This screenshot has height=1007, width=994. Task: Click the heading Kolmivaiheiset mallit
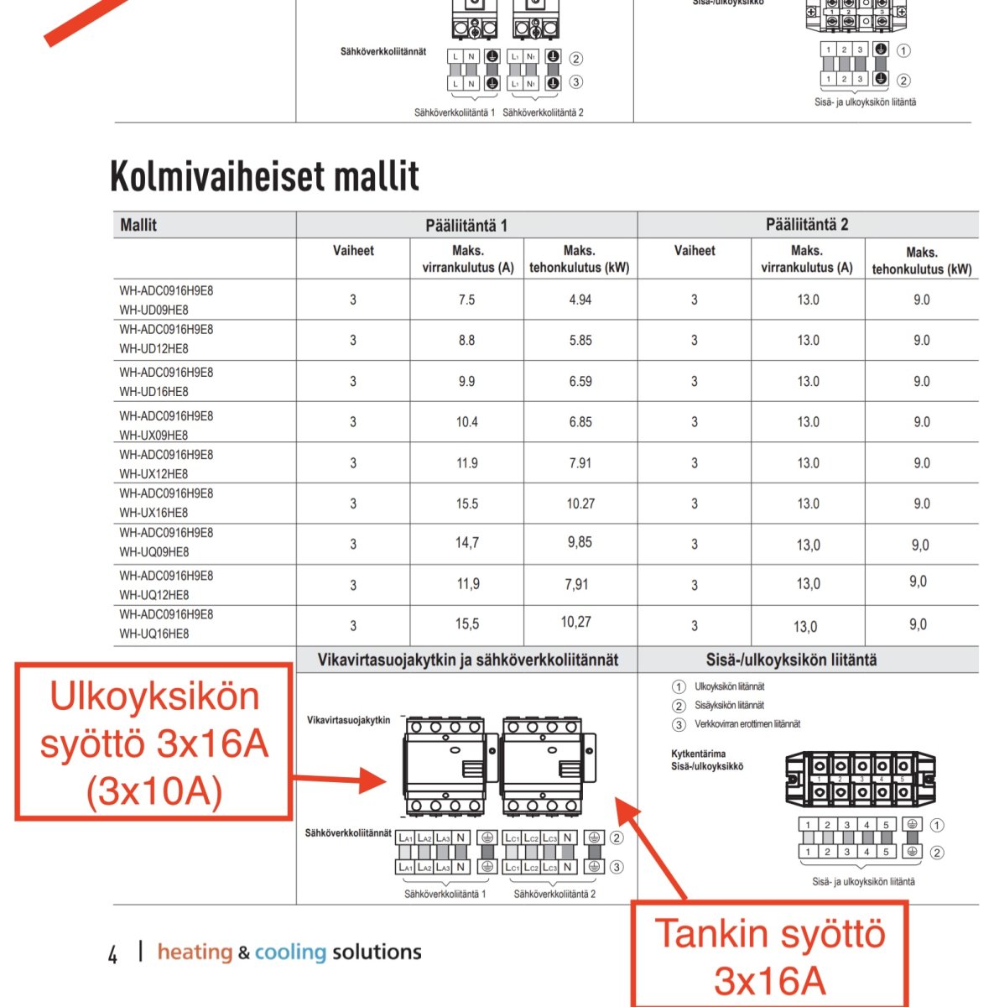tap(264, 175)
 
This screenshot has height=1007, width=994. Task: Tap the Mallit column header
tap(138, 225)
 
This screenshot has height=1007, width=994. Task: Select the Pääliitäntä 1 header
tap(466, 225)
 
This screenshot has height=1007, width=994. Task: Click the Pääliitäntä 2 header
tap(807, 224)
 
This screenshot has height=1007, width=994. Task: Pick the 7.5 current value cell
tap(466, 300)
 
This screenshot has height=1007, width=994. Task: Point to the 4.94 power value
tap(580, 300)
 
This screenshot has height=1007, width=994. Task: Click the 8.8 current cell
tap(466, 341)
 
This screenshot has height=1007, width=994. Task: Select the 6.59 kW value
tap(580, 381)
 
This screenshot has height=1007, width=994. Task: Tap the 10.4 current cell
tap(466, 422)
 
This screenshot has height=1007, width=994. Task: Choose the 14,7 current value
tap(467, 543)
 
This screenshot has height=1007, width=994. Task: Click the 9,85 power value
tap(580, 542)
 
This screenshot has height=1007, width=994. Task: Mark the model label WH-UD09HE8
tap(154, 310)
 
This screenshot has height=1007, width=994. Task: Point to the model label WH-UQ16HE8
tap(154, 634)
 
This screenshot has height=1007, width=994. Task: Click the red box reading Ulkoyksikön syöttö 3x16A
tap(154, 743)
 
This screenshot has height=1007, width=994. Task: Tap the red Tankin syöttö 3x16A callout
tap(769, 955)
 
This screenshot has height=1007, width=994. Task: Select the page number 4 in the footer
tap(113, 954)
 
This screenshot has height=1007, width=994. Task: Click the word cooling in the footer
tap(290, 952)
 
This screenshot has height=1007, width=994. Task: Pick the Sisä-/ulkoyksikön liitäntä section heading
tap(791, 660)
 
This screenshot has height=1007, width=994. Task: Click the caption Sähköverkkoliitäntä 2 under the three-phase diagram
tap(554, 895)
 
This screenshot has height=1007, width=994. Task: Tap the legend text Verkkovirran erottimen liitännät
tap(747, 724)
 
